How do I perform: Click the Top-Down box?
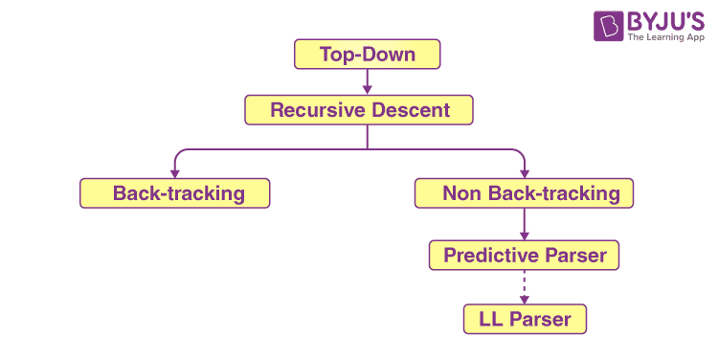(x=368, y=55)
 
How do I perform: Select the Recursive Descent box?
(x=359, y=110)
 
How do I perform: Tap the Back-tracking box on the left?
(x=175, y=193)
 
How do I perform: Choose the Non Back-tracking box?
(x=525, y=193)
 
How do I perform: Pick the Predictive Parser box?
(x=525, y=256)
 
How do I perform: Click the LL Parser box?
(x=525, y=319)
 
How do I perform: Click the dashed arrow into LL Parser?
(x=525, y=288)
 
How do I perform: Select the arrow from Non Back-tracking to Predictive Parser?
(x=525, y=225)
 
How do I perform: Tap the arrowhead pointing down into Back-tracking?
(x=175, y=170)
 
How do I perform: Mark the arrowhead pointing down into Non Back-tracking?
(x=525, y=170)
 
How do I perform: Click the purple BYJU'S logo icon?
(x=609, y=26)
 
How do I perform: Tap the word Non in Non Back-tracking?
(x=460, y=193)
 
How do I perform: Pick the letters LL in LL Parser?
(x=490, y=319)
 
